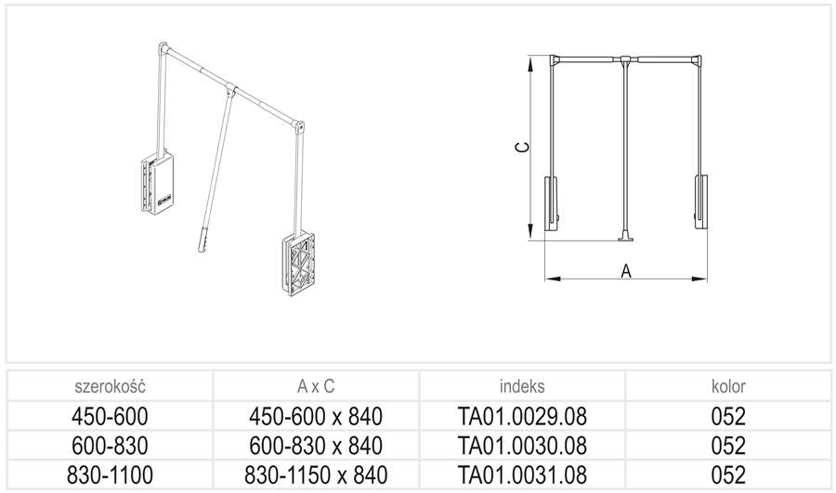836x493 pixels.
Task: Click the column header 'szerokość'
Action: [x=110, y=386]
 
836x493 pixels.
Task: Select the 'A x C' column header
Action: [x=316, y=386]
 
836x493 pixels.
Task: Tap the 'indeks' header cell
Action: [x=522, y=386]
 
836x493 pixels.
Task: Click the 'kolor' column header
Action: [x=728, y=386]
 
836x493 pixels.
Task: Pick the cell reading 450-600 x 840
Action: [x=316, y=416]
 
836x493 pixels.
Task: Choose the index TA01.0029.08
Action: [x=522, y=416]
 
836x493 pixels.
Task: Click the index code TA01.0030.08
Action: [x=522, y=446]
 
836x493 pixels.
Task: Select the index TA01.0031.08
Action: [x=522, y=474]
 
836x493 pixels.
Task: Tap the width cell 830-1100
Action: [x=110, y=474]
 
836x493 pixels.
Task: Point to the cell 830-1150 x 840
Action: [x=316, y=474]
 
